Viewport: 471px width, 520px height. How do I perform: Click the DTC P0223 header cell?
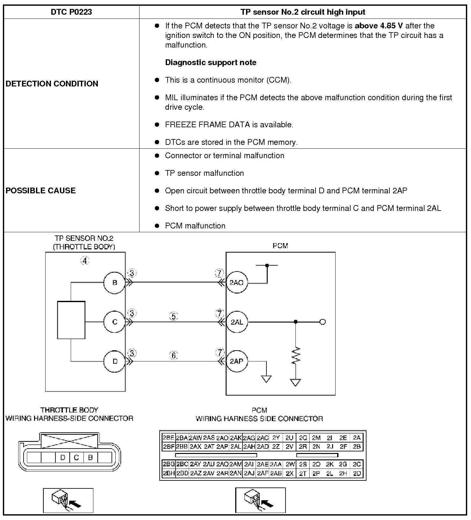(x=71, y=12)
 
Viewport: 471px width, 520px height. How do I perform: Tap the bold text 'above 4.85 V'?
(x=379, y=26)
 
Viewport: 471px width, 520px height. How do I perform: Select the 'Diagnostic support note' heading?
(x=211, y=63)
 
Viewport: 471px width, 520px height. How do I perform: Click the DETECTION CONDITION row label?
(x=52, y=84)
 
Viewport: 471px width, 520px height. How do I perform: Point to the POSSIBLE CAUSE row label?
(x=40, y=191)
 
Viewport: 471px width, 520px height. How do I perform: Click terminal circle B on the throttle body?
(x=115, y=283)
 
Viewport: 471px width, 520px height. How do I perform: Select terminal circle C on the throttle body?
(x=115, y=322)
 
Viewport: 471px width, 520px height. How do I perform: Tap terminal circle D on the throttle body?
(x=115, y=361)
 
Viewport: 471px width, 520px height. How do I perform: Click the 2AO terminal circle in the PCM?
(x=236, y=283)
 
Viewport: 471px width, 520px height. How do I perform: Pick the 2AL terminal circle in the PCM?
(x=236, y=322)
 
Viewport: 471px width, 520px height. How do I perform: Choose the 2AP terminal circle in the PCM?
(x=236, y=361)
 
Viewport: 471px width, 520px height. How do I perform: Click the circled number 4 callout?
(x=85, y=261)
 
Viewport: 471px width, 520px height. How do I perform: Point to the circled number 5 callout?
(x=173, y=316)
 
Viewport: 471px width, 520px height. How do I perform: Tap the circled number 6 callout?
(x=173, y=355)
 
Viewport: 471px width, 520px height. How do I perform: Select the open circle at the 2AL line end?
(x=322, y=322)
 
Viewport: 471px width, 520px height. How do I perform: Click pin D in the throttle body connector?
(x=62, y=458)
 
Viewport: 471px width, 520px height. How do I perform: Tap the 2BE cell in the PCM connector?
(x=168, y=438)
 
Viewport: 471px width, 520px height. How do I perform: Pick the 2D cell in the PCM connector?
(x=357, y=474)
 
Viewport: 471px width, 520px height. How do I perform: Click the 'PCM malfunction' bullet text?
(x=195, y=226)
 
